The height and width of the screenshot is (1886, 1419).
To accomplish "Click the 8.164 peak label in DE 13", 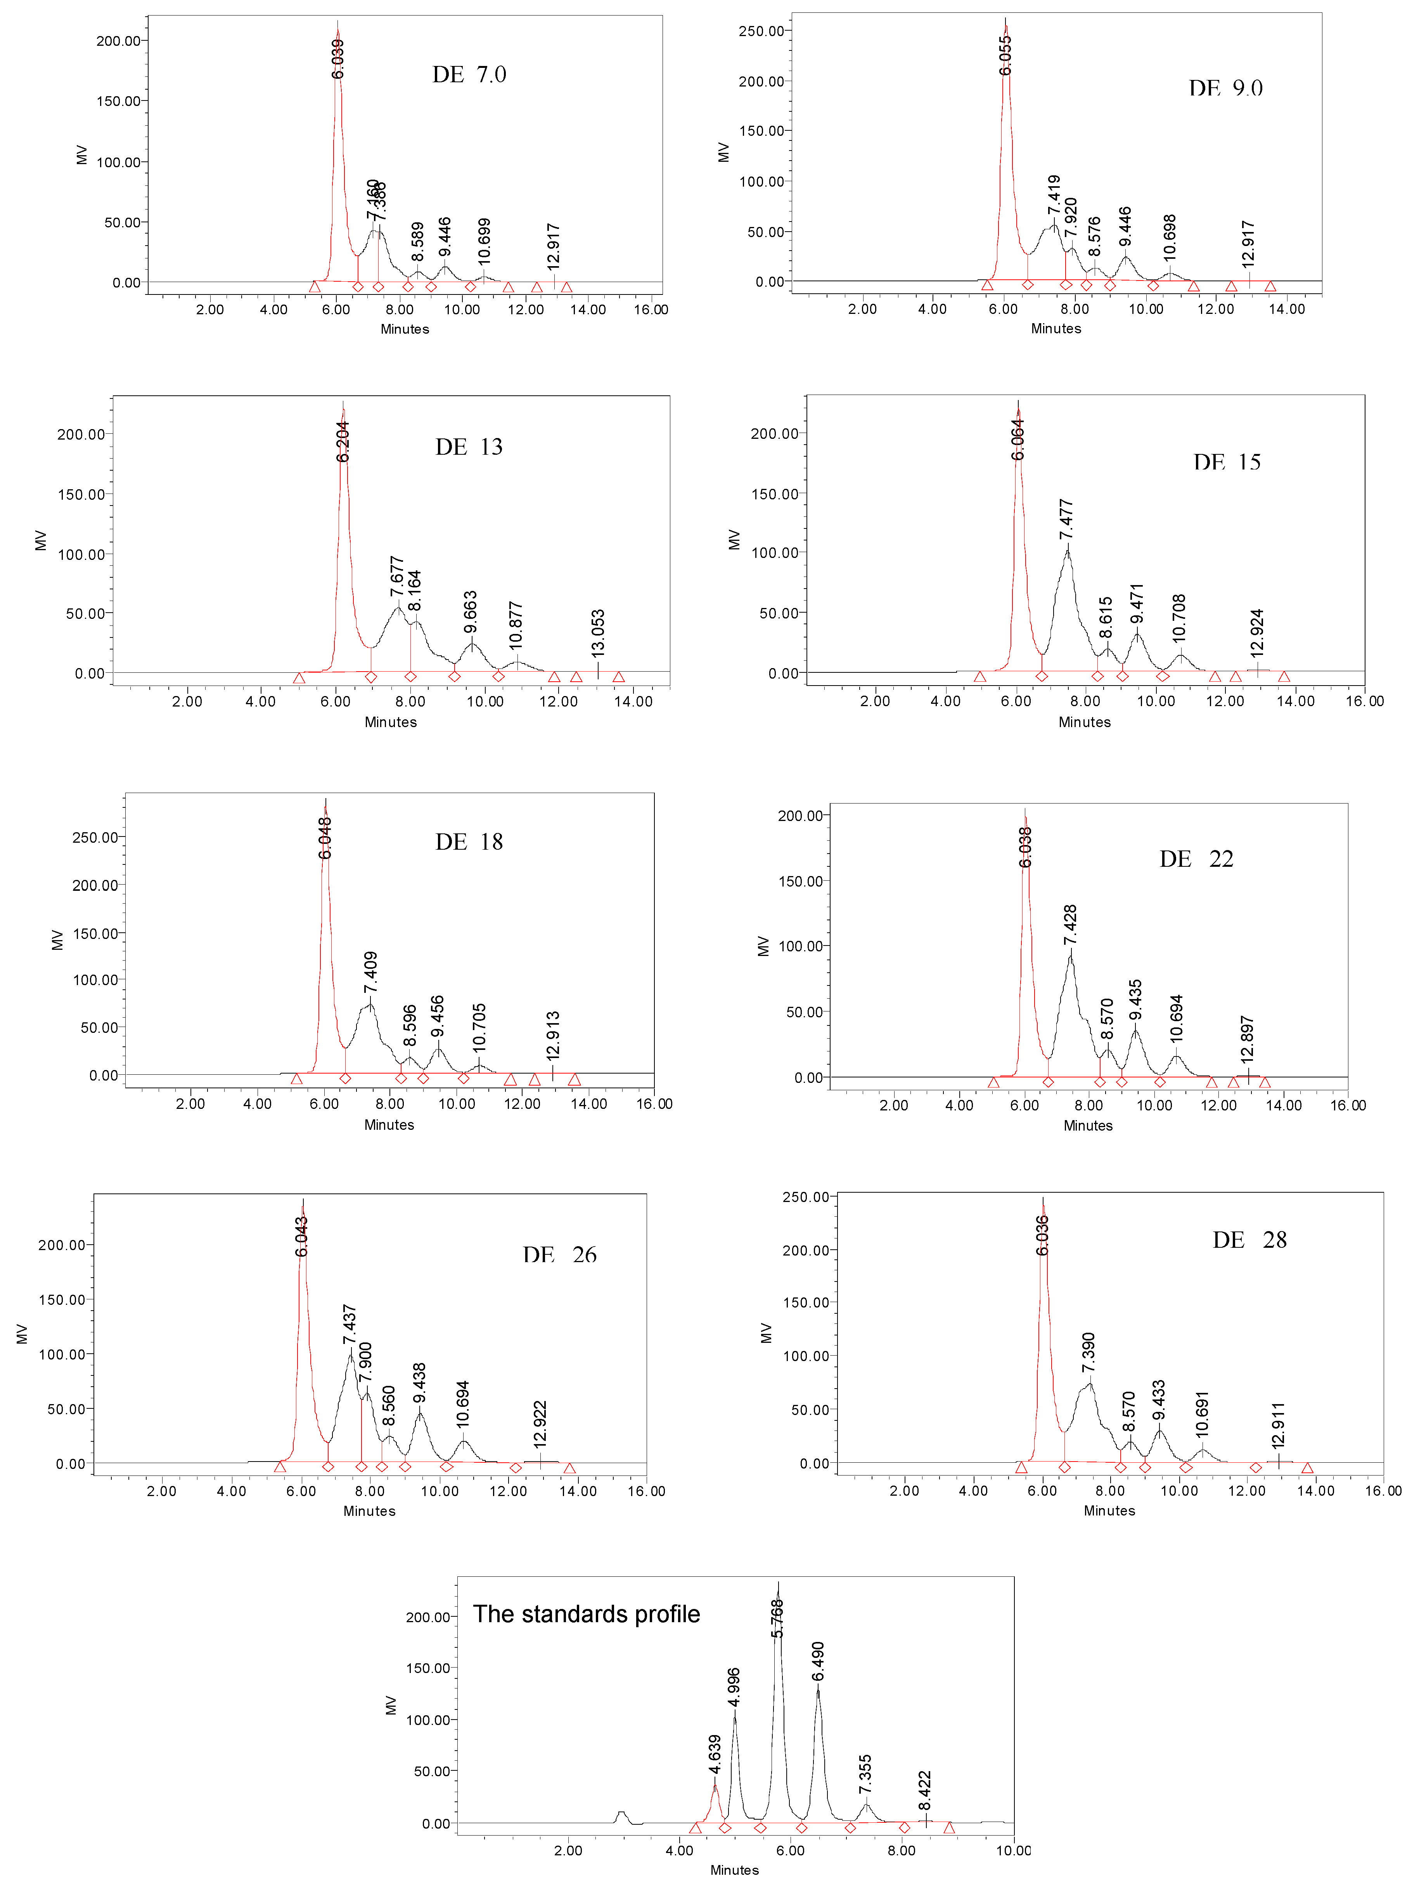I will point(415,591).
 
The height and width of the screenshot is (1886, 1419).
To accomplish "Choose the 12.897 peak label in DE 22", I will point(1248,1039).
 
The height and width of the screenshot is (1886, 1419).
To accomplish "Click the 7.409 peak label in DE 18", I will point(371,972).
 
